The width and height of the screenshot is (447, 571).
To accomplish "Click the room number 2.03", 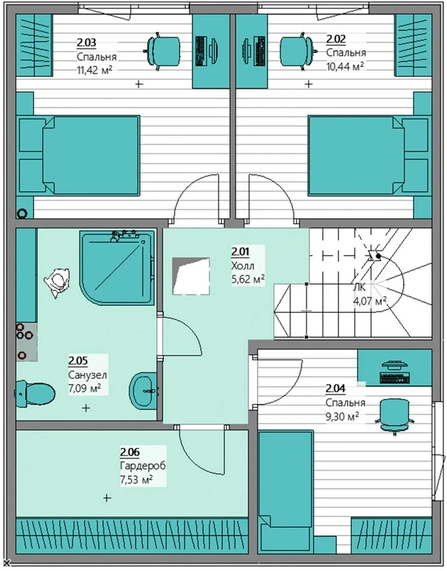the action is coord(86,43).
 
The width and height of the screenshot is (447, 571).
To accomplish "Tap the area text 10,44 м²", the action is coord(345,66).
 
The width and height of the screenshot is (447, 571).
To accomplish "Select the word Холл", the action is coord(243,265).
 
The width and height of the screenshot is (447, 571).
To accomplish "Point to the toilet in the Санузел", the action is coord(35,393).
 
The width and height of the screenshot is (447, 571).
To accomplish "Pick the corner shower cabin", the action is coord(117,269).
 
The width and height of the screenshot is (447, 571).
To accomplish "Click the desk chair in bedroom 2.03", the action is coord(163,51).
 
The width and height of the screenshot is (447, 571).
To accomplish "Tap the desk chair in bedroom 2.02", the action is coord(297,50).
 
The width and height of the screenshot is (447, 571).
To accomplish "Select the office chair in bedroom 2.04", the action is coord(395,416).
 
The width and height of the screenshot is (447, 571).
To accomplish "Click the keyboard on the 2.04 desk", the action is coord(395,377).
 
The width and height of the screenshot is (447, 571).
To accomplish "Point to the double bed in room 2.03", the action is coord(78,155).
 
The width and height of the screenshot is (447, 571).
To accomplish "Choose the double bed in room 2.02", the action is coord(369,155).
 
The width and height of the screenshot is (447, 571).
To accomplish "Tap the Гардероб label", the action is coord(143,466).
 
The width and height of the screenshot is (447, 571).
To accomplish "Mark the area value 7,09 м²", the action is coord(85,388).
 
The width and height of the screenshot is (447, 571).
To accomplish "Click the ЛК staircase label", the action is coord(359,287).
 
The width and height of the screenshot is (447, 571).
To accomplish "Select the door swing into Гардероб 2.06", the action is coord(202,450).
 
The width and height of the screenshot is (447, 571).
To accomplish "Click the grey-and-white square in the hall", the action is coord(191,276).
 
